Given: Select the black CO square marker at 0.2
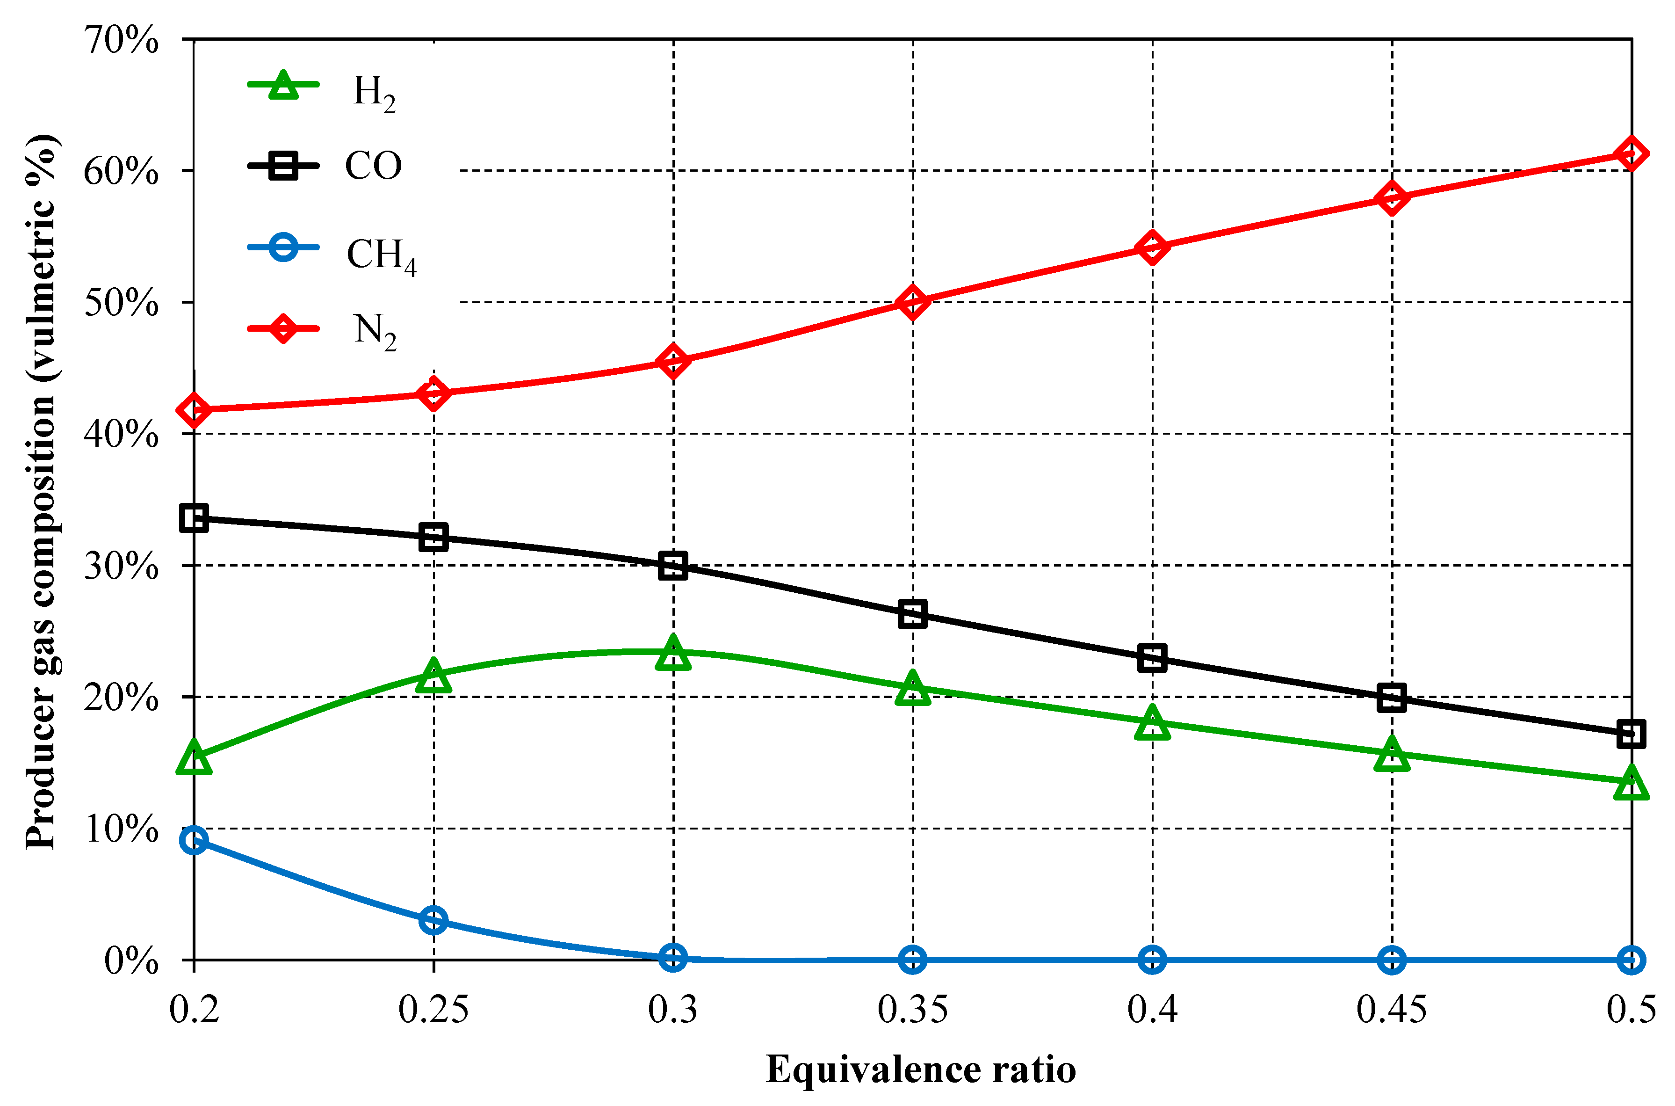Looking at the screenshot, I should [194, 518].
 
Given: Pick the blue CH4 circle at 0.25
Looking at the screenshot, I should [433, 920].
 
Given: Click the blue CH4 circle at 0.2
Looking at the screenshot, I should [194, 840].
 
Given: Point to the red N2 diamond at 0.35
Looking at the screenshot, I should [912, 302].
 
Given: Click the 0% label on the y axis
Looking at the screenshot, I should [131, 960].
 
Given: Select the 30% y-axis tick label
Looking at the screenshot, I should [121, 566].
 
